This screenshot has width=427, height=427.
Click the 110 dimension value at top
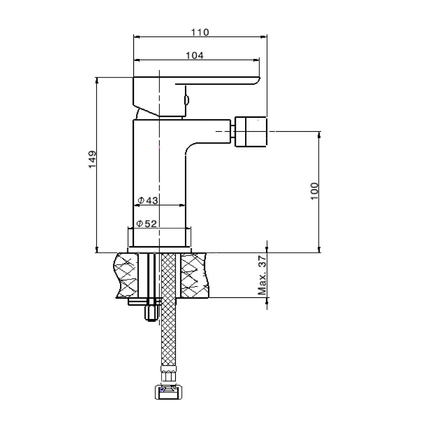pyautogui.click(x=200, y=32)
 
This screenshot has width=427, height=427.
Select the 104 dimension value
pyautogui.click(x=194, y=55)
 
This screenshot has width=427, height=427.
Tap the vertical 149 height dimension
pyautogui.click(x=92, y=159)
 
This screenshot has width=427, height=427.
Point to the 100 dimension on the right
pyautogui.click(x=314, y=191)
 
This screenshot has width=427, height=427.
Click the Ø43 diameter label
pyautogui.click(x=148, y=201)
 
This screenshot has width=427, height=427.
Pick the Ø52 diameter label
pyautogui.click(x=146, y=224)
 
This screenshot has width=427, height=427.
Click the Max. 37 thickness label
pyautogui.click(x=262, y=275)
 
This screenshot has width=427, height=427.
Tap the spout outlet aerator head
pyautogui.click(x=251, y=132)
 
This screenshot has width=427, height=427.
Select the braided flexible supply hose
pyautogui.click(x=168, y=310)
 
